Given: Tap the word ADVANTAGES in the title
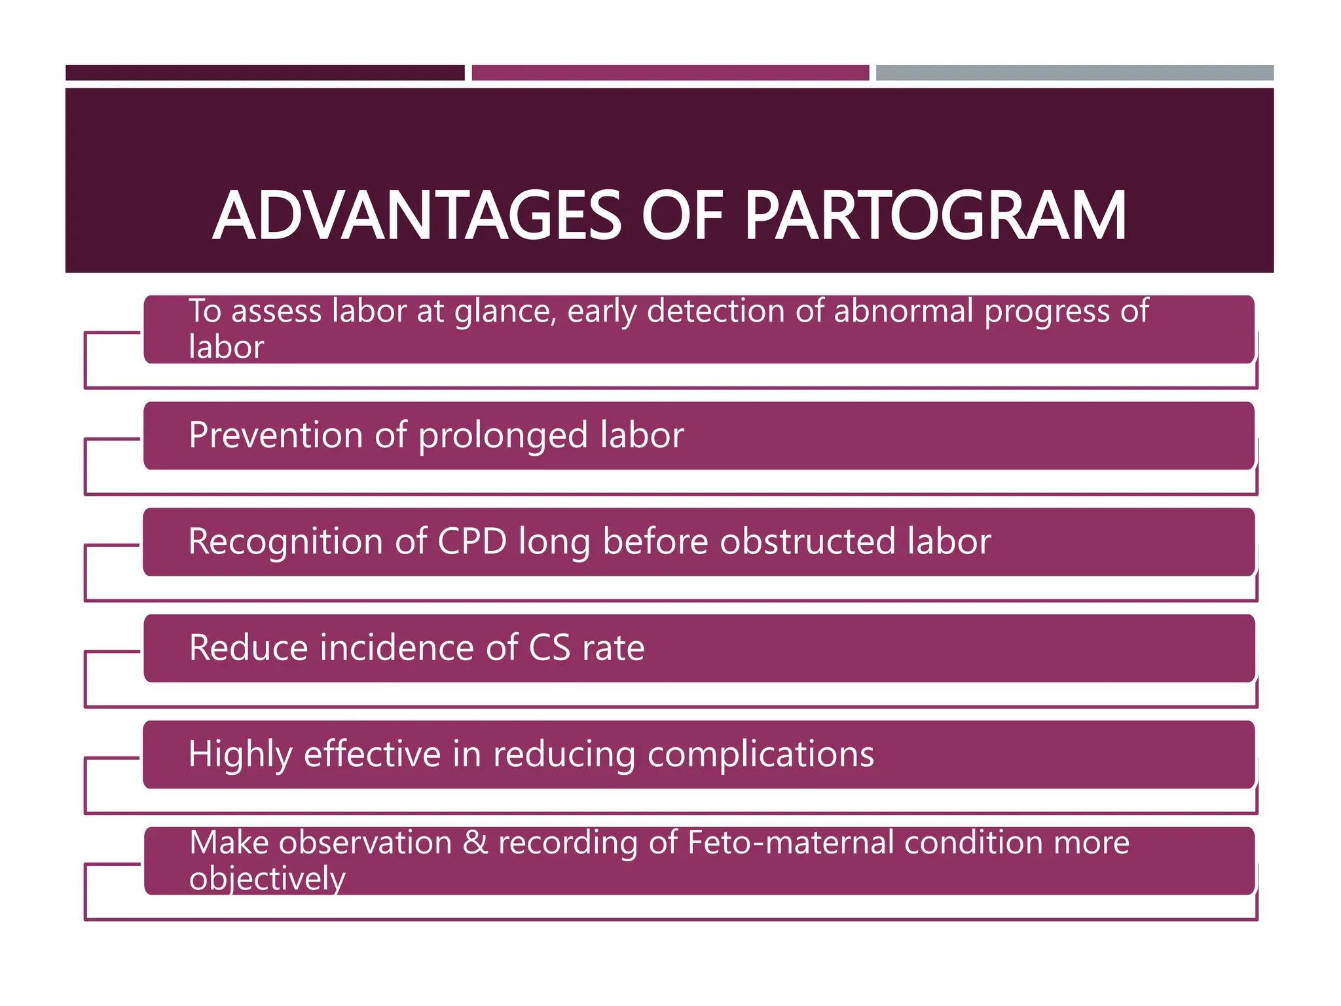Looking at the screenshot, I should pyautogui.click(x=417, y=216).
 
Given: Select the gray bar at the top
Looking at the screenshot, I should pyautogui.click(x=1075, y=73).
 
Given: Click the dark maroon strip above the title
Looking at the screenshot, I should pyautogui.click(x=265, y=73).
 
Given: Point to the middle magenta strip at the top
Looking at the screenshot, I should pyautogui.click(x=670, y=73).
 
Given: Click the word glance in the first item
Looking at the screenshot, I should pyautogui.click(x=505, y=312).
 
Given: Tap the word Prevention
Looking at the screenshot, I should pyautogui.click(x=276, y=435).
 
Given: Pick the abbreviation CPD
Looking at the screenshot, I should pyautogui.click(x=472, y=542).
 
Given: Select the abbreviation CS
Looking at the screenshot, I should pyautogui.click(x=549, y=648).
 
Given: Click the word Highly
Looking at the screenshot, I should pyautogui.click(x=240, y=754).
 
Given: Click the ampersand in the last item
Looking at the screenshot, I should pyautogui.click(x=475, y=842).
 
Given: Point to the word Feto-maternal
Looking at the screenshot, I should pyautogui.click(x=791, y=842).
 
